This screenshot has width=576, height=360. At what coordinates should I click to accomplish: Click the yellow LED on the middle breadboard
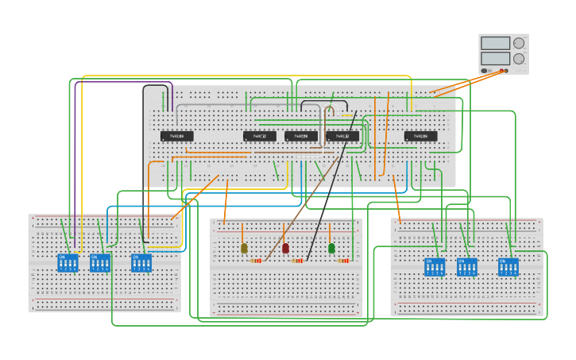244,248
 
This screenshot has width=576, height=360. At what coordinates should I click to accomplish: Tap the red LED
285,248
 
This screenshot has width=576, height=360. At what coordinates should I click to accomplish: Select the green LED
331,248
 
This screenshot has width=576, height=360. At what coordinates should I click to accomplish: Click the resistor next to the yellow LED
256,261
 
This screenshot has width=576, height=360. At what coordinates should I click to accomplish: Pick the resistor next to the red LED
298,261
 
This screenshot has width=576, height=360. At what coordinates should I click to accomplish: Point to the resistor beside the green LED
343,261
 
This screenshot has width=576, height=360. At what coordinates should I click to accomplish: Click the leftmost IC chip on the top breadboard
177,136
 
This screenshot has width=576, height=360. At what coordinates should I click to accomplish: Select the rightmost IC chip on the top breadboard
420,136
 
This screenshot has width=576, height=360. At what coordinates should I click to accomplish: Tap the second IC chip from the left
259,136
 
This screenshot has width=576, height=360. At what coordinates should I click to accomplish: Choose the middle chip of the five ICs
301,136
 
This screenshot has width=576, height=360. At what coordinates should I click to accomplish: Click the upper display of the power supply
496,43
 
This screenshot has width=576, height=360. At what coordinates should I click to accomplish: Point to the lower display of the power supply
496,58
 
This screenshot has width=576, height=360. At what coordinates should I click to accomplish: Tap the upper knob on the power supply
519,43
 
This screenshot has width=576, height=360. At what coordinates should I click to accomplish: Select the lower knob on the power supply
519,58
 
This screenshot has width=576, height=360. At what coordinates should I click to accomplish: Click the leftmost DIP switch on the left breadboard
68,263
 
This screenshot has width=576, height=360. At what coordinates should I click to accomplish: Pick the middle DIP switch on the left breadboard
100,263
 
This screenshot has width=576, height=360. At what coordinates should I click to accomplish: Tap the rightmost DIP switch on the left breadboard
141,263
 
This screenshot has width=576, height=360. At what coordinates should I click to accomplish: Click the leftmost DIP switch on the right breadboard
435,267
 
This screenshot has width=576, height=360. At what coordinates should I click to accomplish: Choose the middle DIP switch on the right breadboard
467,267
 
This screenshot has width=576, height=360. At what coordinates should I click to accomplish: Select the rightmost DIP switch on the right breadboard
508,267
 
